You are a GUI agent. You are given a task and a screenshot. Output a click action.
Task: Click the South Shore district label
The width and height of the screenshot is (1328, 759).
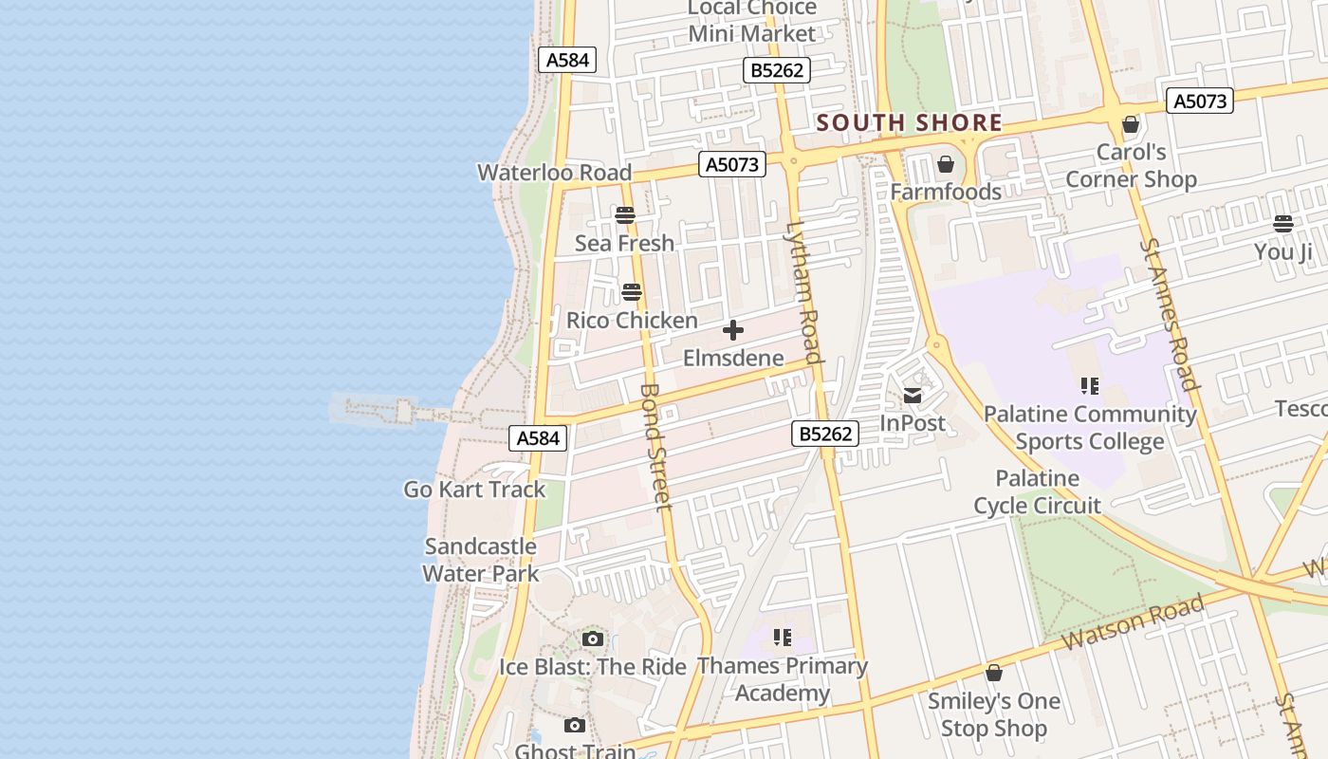pyautogui.click(x=909, y=122)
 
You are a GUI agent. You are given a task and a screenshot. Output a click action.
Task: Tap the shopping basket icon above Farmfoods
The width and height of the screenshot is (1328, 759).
pyautogui.click(x=946, y=165)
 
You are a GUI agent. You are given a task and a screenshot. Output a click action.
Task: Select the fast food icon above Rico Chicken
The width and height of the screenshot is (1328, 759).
pyautogui.click(x=632, y=292)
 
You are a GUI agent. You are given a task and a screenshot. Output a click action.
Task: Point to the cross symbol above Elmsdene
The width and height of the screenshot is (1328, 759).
pyautogui.click(x=733, y=330)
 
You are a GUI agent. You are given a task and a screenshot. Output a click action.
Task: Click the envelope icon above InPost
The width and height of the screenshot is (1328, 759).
pyautogui.click(x=913, y=396)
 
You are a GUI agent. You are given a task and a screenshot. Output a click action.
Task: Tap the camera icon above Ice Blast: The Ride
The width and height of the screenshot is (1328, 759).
pyautogui.click(x=593, y=639)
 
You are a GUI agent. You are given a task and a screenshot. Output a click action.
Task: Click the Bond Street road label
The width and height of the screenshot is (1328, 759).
pyautogui.click(x=655, y=446)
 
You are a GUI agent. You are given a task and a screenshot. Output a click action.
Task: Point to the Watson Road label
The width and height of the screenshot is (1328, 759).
pyautogui.click(x=1133, y=621)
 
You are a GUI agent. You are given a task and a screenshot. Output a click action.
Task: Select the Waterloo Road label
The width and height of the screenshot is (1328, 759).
pyautogui.click(x=554, y=173)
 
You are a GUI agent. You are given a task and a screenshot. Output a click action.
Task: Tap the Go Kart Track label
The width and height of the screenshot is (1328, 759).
pyautogui.click(x=474, y=490)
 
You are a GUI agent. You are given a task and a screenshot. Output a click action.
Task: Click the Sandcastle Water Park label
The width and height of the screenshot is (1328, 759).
pyautogui.click(x=480, y=560)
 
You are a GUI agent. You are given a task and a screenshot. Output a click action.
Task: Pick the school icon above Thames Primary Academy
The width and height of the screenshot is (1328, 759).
pyautogui.click(x=782, y=637)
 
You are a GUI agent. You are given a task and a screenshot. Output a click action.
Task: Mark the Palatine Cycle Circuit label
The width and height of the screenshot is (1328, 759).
pyautogui.click(x=1038, y=491)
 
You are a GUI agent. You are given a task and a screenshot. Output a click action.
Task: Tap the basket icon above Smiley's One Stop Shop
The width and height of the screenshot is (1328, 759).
pyautogui.click(x=994, y=674)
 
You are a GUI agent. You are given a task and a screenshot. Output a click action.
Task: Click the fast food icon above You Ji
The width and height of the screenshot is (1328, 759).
pyautogui.click(x=1283, y=224)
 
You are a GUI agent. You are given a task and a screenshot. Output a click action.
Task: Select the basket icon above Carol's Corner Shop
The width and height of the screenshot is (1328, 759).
pyautogui.click(x=1131, y=124)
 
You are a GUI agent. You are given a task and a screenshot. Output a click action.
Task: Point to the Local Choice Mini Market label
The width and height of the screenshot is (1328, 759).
pyautogui.click(x=751, y=21)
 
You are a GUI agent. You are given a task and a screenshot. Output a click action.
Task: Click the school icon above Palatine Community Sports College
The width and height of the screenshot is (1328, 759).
pyautogui.click(x=1089, y=386)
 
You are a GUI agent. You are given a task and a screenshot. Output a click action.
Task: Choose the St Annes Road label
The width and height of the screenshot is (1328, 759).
pyautogui.click(x=1169, y=314)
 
